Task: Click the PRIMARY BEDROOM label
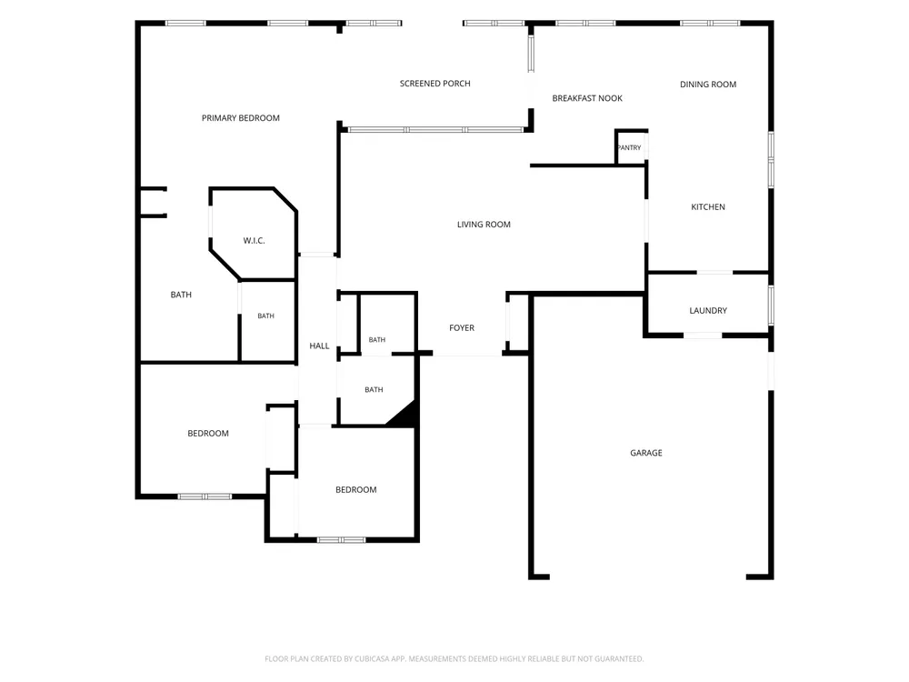click(241, 117)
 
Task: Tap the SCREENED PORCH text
click(435, 84)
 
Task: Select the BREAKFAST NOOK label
click(587, 98)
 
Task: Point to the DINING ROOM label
click(708, 85)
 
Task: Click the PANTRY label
click(630, 148)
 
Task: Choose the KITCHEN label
click(708, 207)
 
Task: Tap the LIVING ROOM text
click(484, 225)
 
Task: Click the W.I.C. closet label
click(254, 241)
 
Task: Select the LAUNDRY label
click(708, 311)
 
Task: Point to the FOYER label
click(462, 328)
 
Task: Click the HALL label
click(319, 346)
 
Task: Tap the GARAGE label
click(645, 453)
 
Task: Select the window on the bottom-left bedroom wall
click(205, 496)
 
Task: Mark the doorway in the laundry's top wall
click(714, 272)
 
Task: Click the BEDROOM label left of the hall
click(207, 433)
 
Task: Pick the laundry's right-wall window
click(771, 305)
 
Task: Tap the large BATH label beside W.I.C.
click(181, 295)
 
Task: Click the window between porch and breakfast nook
click(531, 54)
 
